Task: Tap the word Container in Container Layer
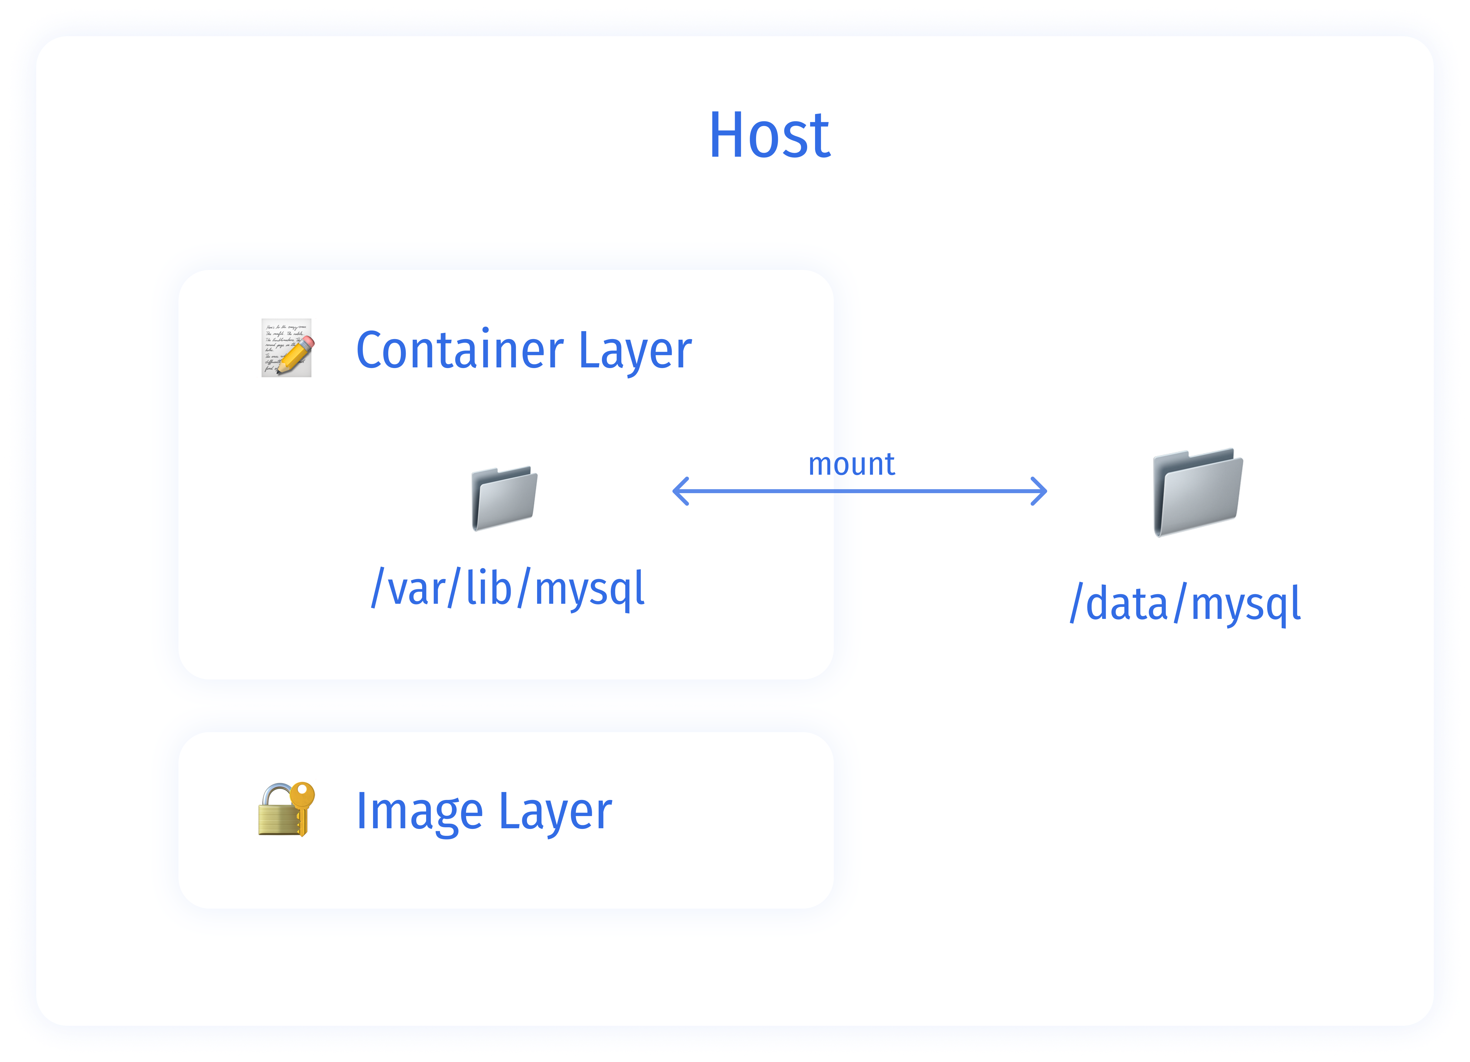(x=459, y=351)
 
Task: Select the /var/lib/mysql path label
(x=507, y=588)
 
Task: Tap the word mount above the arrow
(x=851, y=464)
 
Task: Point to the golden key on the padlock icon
(x=301, y=804)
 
